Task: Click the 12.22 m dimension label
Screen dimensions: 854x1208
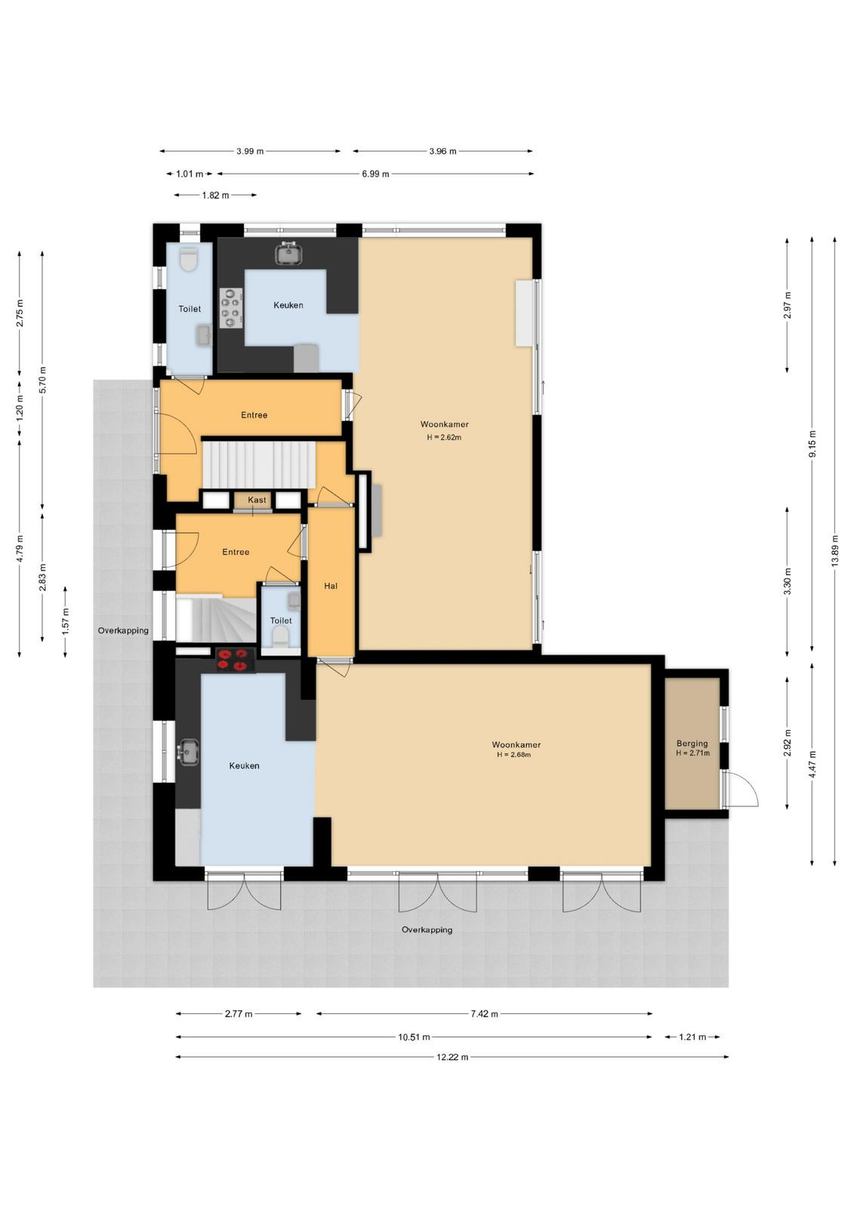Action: [452, 1057]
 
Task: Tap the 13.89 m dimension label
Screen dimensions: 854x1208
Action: [834, 550]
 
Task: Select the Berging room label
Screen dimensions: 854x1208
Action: [692, 744]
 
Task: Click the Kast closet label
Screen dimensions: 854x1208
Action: [257, 500]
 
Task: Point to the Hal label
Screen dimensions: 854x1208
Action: [331, 586]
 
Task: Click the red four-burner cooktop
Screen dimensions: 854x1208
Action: [236, 660]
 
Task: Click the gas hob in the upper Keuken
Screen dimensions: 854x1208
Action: [231, 308]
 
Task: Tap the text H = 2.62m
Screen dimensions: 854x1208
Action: [444, 437]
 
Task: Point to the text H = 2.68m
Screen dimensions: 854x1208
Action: [513, 754]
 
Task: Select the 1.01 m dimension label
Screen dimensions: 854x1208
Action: [190, 174]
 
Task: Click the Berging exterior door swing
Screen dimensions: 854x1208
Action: [741, 790]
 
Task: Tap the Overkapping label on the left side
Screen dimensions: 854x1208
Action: [123, 630]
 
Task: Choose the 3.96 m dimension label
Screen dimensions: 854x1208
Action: [443, 151]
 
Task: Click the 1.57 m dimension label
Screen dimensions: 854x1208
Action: [66, 621]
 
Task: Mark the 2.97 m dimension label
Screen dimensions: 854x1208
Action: [787, 305]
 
